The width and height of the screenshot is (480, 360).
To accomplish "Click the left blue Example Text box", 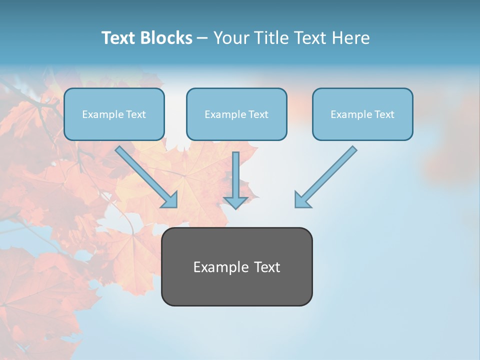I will (114, 114).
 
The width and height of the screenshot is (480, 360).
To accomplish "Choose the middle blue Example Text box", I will (236, 114).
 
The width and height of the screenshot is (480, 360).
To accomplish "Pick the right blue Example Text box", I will (362, 114).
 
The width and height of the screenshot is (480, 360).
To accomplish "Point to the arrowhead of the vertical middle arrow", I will (235, 202).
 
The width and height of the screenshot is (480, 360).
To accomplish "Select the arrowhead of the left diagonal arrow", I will (170, 200).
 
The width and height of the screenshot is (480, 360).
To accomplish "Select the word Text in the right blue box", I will (384, 114).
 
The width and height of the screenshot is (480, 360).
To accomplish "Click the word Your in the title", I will (231, 38).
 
